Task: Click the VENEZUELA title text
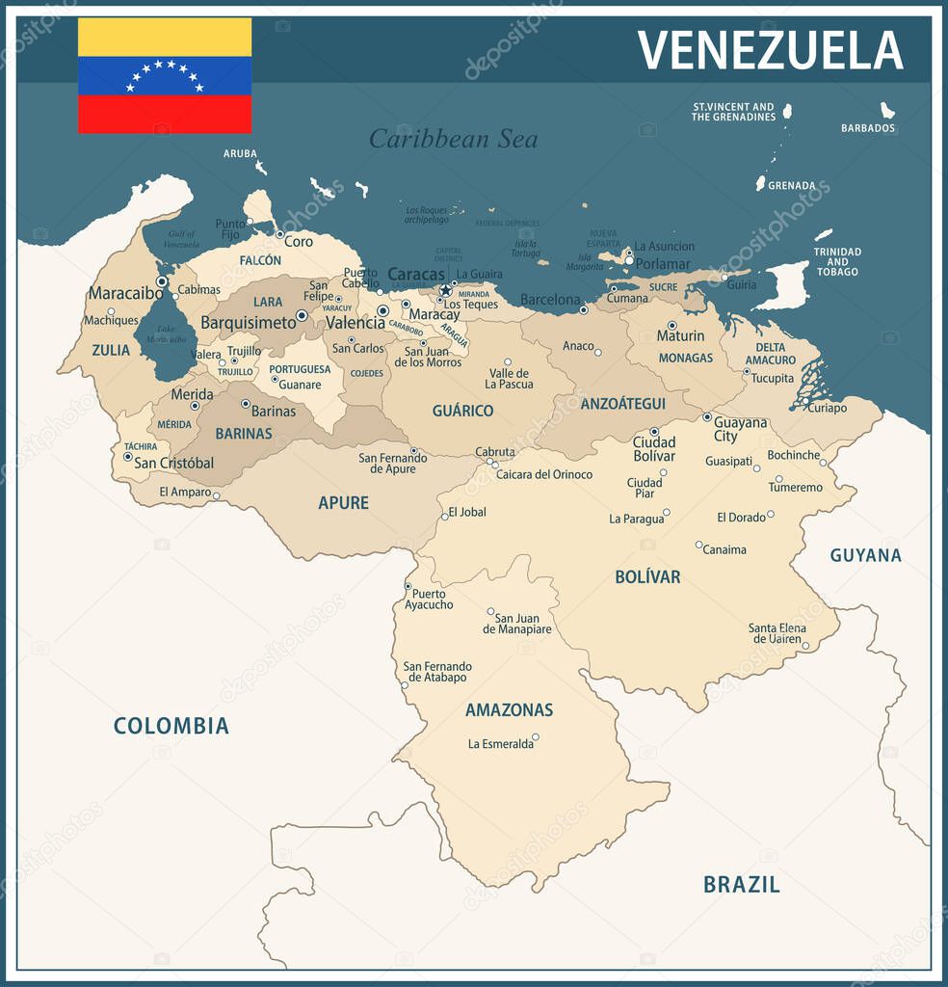click(770, 50)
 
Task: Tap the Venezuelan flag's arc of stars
click(165, 74)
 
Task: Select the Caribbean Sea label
click(453, 139)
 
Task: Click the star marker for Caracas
click(445, 290)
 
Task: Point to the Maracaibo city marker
click(162, 281)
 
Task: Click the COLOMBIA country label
click(171, 726)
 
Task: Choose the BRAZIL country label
click(741, 884)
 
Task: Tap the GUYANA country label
click(865, 555)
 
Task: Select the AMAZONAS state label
click(509, 710)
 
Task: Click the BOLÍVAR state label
click(647, 577)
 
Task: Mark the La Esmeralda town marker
click(536, 737)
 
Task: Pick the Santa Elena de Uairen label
click(777, 633)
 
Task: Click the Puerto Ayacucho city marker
click(408, 586)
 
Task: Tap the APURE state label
click(343, 503)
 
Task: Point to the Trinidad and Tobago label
click(836, 261)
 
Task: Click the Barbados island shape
click(886, 110)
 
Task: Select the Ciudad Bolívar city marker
click(654, 432)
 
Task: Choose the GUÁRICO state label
click(462, 411)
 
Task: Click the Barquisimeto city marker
click(302, 315)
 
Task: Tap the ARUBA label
click(240, 153)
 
